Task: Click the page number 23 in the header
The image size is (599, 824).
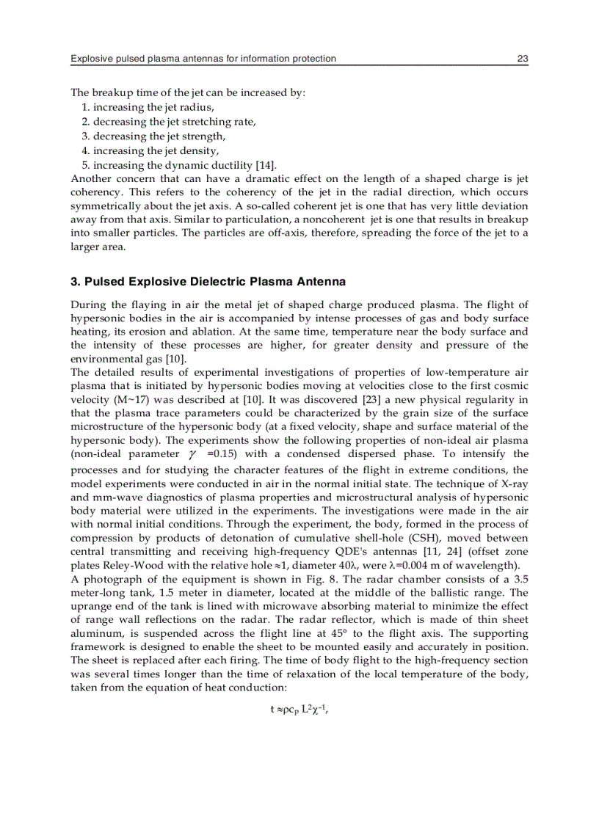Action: click(x=522, y=58)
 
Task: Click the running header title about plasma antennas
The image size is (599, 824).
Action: click(x=203, y=58)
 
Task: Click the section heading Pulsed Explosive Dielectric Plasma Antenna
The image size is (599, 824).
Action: click(x=208, y=282)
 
